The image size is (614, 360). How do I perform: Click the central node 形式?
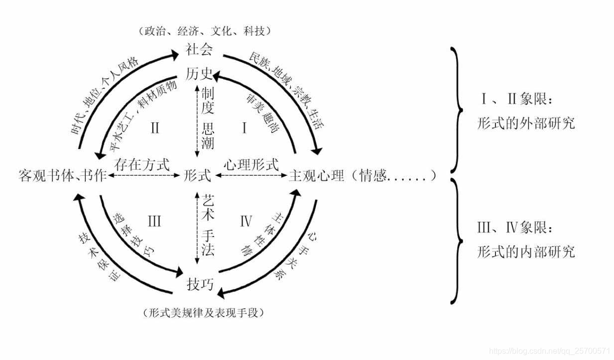tap(198, 176)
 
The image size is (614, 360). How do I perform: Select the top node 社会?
tap(200, 50)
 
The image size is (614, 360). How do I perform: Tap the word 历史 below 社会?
tap(200, 75)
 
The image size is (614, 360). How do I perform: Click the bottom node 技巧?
tap(200, 284)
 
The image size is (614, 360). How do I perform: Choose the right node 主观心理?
tap(317, 176)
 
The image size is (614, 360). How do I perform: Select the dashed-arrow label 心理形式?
tap(250, 164)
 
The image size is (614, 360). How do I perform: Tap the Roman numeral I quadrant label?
tap(245, 128)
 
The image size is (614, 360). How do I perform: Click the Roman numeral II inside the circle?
tap(155, 128)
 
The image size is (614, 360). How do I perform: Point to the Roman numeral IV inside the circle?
tap(246, 221)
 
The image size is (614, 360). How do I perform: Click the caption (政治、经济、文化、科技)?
tap(204, 31)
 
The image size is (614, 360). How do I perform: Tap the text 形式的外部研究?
tap(525, 122)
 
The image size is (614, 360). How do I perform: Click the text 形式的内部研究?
tap(525, 251)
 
